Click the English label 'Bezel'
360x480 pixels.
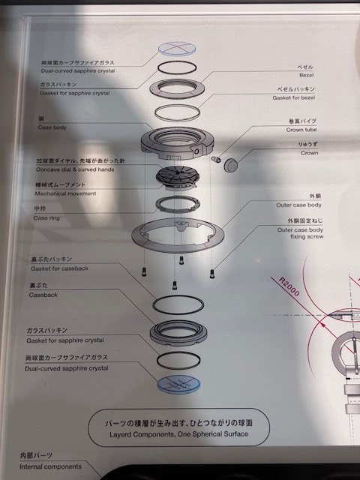coord(306,75)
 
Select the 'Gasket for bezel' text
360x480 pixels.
coord(293,97)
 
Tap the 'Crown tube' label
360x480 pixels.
coord(301,130)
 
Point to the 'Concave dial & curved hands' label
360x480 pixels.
coord(75,169)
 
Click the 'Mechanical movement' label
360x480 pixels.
coord(65,193)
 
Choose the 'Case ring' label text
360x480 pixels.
coord(46,218)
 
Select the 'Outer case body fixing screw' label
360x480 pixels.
coord(300,233)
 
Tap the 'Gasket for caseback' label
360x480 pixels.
coord(59,268)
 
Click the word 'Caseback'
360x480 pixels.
coord(43,295)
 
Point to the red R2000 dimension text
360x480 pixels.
coord(289,286)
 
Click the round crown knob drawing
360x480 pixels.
coord(231,165)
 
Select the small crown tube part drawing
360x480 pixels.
coord(215,159)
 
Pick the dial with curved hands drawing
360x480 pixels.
coord(178,176)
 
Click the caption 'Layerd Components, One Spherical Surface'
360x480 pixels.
coord(178,434)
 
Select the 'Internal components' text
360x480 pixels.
coord(50,466)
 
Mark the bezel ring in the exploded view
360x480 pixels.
coord(177,96)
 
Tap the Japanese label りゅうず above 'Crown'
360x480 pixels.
coord(308,144)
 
